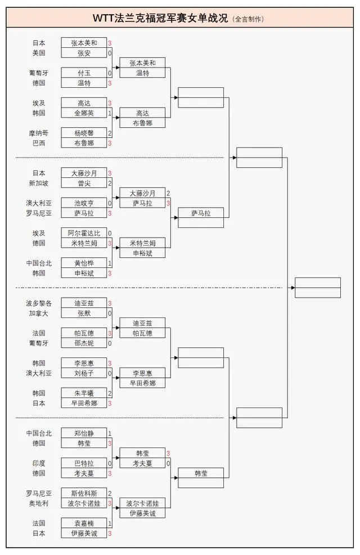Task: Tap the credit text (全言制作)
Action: tap(247, 19)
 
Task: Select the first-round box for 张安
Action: tap(84, 53)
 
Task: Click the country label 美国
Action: tap(39, 53)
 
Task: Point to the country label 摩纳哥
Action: tap(39, 133)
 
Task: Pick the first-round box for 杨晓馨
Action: tap(84, 133)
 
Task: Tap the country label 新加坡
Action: tap(39, 183)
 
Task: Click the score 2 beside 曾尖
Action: tap(110, 183)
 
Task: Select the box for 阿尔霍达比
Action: tap(84, 233)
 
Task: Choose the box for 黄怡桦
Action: tap(84, 263)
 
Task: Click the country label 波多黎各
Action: tap(39, 303)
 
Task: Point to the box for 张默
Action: tap(84, 314)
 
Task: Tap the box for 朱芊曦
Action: tap(84, 393)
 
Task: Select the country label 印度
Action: tap(39, 463)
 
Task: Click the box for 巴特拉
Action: tap(84, 463)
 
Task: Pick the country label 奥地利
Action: tap(39, 503)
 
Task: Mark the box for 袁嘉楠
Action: tap(84, 523)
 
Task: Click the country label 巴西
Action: tap(39, 144)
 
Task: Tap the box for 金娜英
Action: tap(84, 113)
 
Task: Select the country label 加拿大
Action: tap(39, 314)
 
